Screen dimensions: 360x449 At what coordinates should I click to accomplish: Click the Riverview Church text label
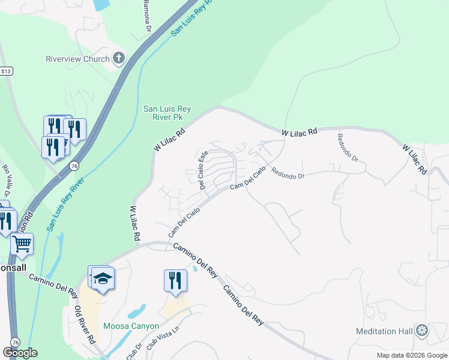pyautogui.click(x=78, y=59)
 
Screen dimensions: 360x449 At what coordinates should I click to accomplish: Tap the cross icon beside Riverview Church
pyautogui.click(x=119, y=58)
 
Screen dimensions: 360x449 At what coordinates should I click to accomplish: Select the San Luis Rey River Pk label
pyautogui.click(x=167, y=113)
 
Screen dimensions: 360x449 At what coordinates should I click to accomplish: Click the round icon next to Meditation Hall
pyautogui.click(x=423, y=331)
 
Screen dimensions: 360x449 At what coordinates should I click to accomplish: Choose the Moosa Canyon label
pyautogui.click(x=131, y=326)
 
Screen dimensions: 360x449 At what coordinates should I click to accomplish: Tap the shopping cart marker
pyautogui.click(x=22, y=244)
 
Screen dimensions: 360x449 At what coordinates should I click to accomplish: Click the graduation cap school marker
pyautogui.click(x=103, y=278)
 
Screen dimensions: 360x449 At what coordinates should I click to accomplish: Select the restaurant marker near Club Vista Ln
pyautogui.click(x=175, y=280)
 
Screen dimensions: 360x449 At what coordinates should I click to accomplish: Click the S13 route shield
pyautogui.click(x=6, y=70)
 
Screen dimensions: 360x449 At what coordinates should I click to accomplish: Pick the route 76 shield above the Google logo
pyautogui.click(x=15, y=340)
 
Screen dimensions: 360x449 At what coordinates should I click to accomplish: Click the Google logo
pyautogui.click(x=20, y=353)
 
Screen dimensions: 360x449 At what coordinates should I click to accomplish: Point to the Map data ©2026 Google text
pyautogui.click(x=411, y=355)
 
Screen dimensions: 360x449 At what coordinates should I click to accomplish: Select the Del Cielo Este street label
pyautogui.click(x=203, y=170)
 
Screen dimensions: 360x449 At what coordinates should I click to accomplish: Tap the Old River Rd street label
pyautogui.click(x=85, y=324)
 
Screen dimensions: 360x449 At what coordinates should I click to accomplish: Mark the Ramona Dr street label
pyautogui.click(x=146, y=16)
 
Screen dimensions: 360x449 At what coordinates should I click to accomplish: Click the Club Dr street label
pyautogui.click(x=134, y=352)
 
